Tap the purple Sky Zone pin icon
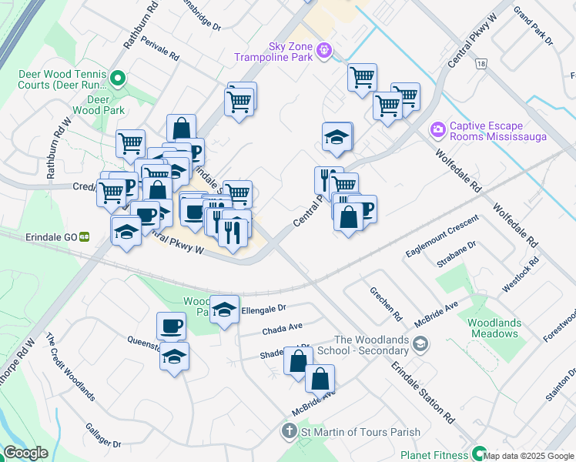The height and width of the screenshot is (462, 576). click(325, 51)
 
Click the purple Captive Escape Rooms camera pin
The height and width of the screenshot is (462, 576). click(438, 129)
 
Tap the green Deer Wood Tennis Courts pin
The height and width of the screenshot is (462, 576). click(118, 78)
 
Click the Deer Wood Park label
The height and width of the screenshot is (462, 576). click(99, 105)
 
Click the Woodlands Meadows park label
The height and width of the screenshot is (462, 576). click(494, 329)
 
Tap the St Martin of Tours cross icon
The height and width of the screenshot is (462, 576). click(290, 432)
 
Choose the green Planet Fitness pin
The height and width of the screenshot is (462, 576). click(480, 454)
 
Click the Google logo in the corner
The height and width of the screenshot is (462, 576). click(25, 453)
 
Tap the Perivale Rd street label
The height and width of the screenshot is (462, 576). click(160, 56)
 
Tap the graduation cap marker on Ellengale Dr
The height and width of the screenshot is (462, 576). click(224, 310)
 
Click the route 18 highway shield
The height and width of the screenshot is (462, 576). click(481, 64)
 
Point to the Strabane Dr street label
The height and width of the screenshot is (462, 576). click(461, 255)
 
